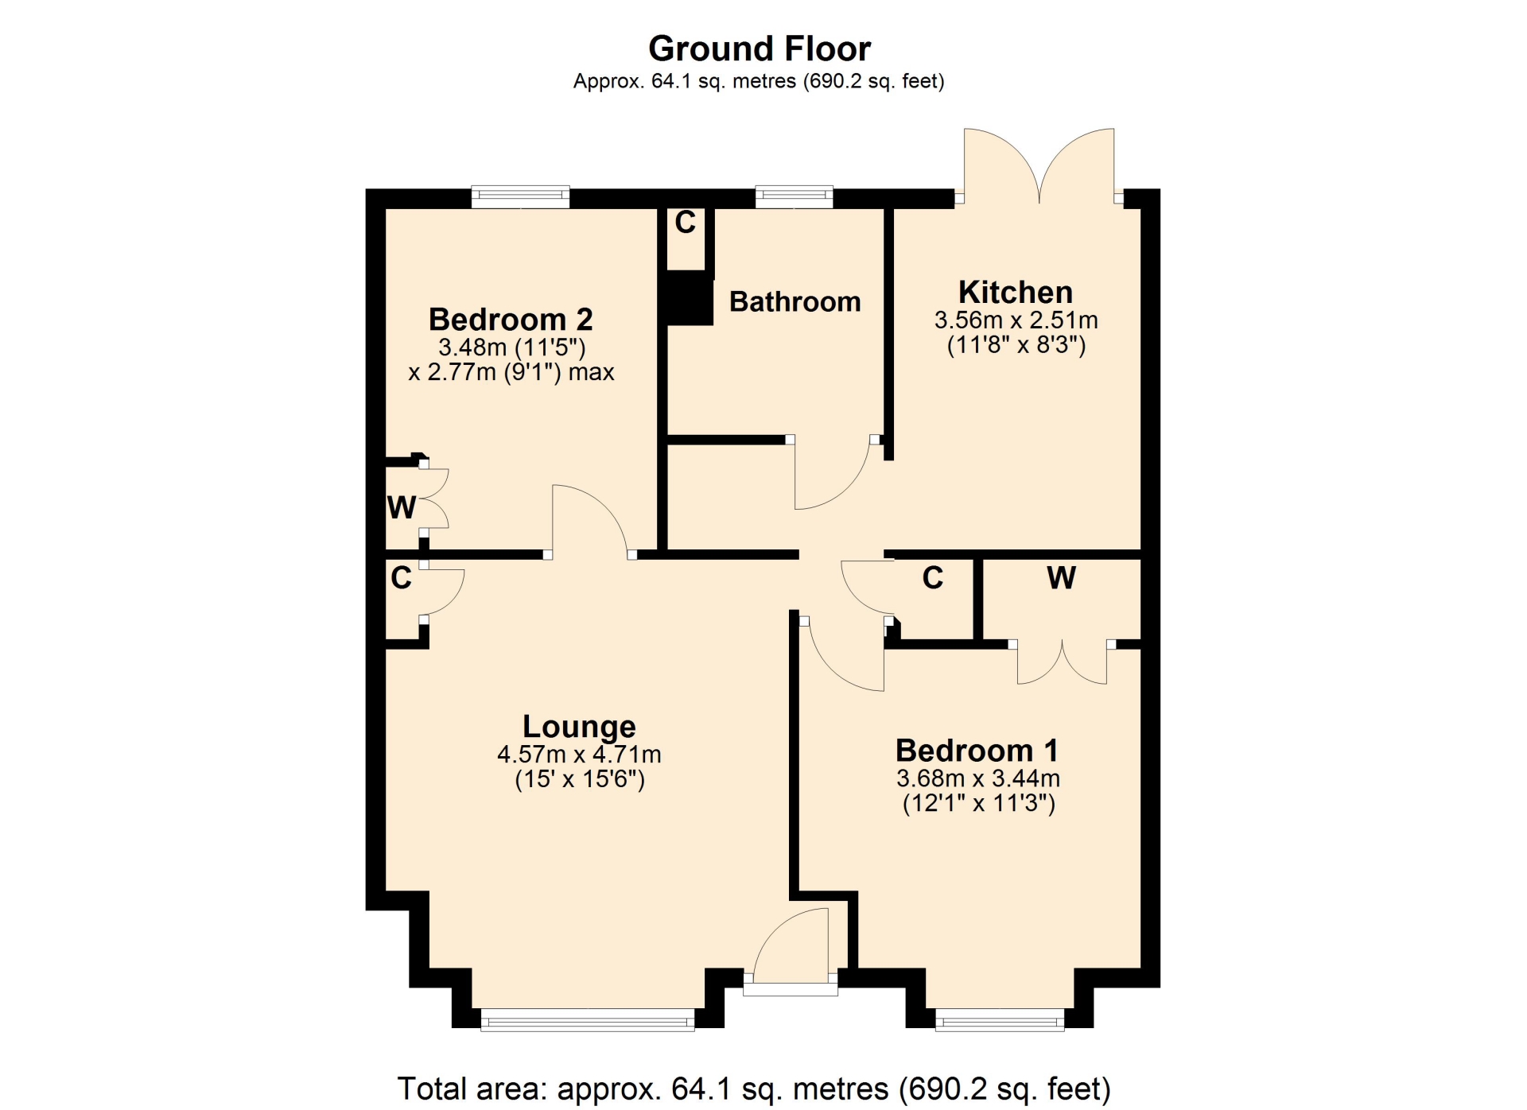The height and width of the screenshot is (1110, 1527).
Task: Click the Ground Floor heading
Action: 760,49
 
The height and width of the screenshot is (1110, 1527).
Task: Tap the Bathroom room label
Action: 795,302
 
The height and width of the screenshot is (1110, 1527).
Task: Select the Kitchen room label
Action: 1016,293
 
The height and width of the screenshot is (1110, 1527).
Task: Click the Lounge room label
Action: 579,727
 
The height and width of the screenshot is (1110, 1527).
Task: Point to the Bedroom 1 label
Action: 977,751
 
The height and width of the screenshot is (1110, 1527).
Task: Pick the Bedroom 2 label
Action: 511,320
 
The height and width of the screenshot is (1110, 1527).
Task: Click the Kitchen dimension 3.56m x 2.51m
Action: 1016,320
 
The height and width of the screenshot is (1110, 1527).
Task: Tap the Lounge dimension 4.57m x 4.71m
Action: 579,754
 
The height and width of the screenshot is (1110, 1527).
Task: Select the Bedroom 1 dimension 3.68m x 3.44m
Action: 977,778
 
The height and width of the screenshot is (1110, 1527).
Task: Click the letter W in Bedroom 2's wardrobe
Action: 402,507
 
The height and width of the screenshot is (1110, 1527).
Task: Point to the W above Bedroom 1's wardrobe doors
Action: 1062,578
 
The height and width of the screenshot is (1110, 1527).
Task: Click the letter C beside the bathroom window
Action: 685,223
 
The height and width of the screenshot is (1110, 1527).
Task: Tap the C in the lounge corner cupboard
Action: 402,578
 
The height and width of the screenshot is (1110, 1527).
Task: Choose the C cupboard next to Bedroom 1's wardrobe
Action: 933,578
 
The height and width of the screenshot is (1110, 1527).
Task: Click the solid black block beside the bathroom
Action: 690,297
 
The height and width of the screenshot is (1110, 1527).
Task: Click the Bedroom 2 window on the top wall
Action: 521,196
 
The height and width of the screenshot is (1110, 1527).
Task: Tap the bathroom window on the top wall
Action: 794,196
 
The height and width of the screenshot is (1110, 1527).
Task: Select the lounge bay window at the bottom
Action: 588,1020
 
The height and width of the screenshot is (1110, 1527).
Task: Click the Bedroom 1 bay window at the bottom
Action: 1000,1020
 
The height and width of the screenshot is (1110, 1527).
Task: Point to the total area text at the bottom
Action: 754,1089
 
